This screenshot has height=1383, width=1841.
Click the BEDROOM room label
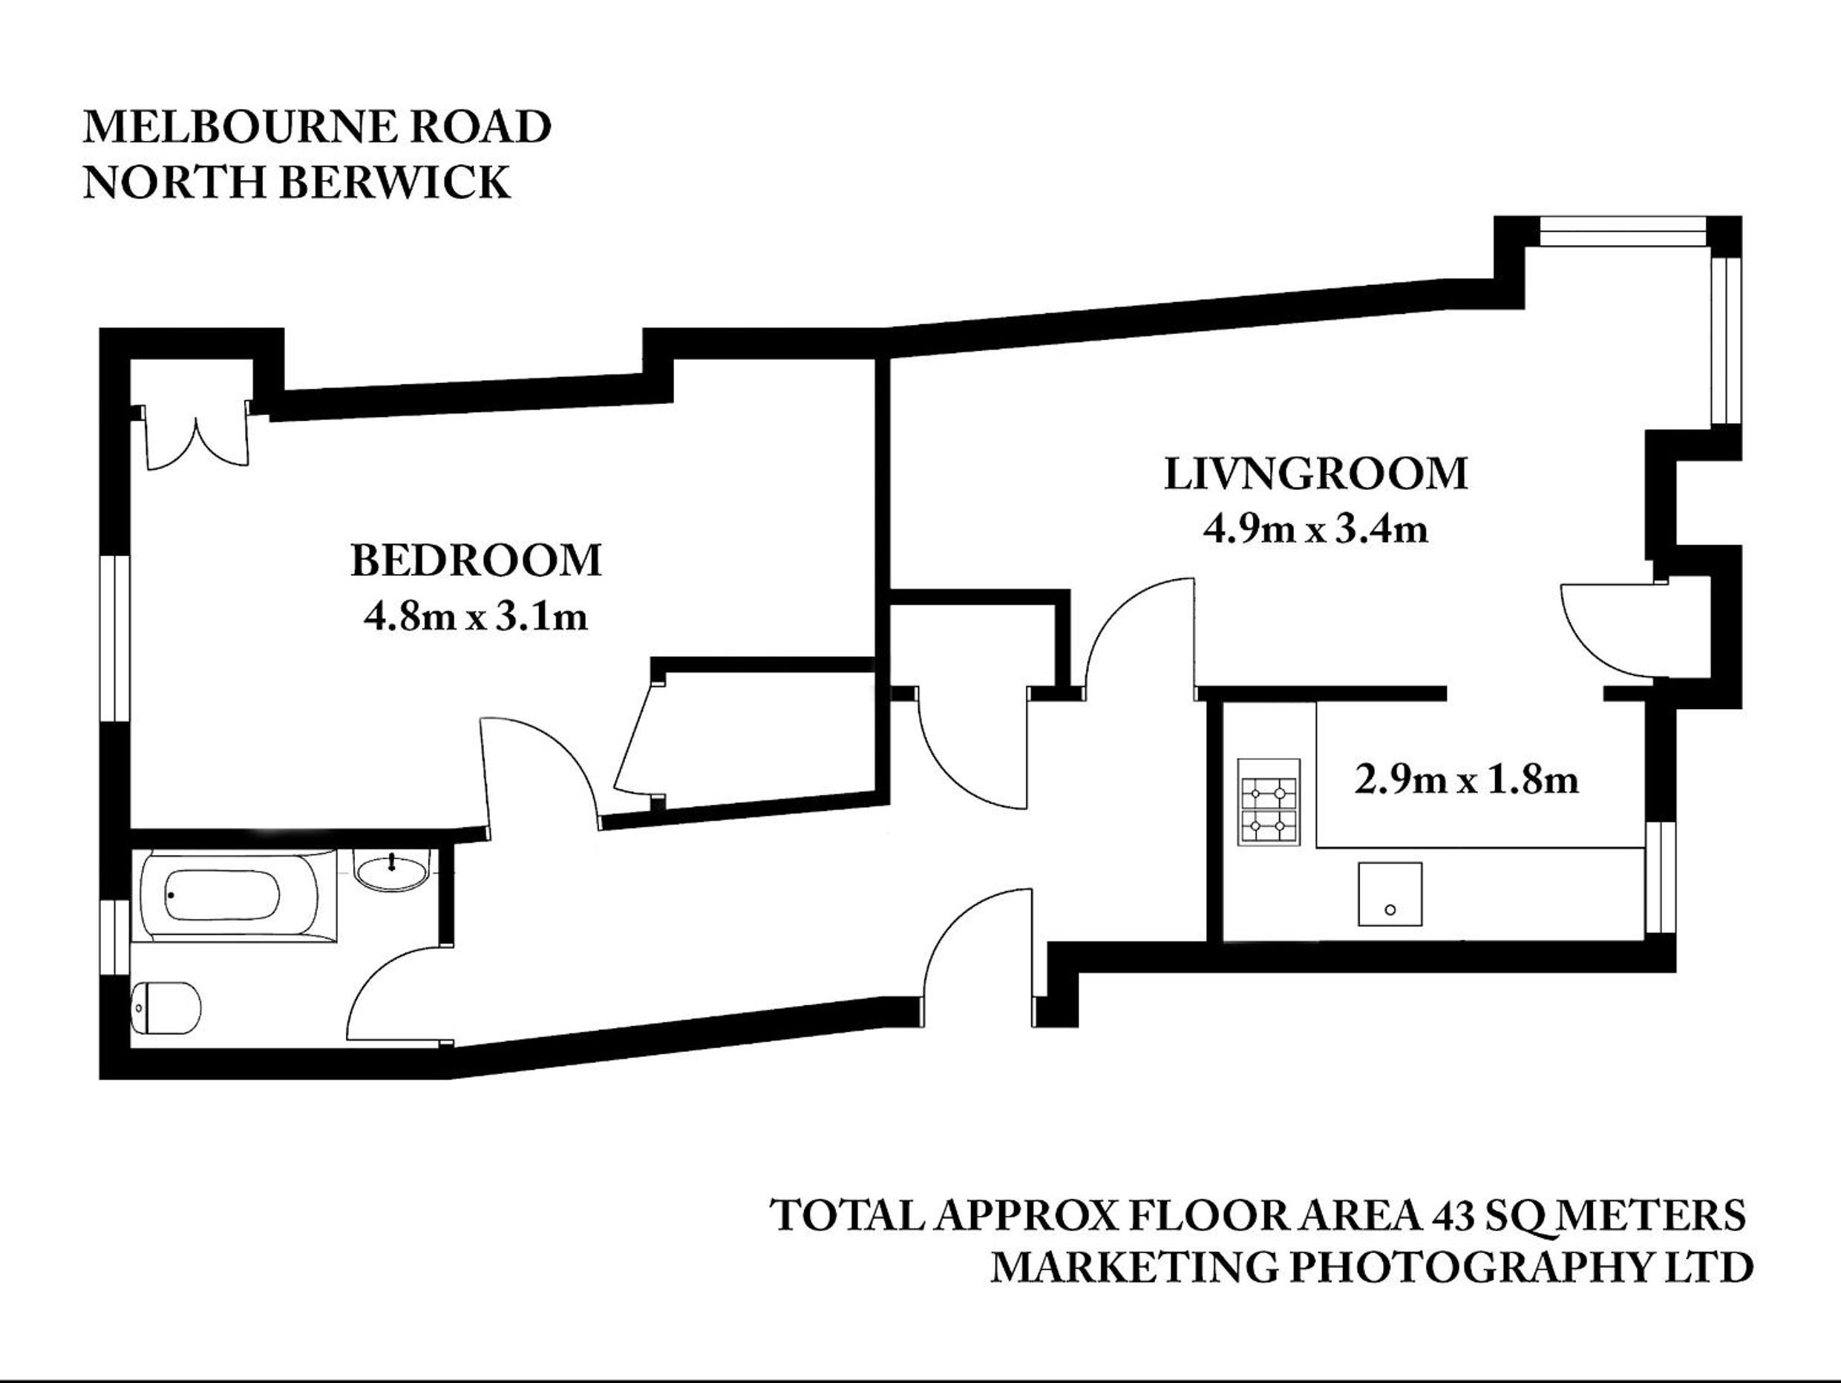coord(475,561)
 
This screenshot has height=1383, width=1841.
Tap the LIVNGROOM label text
coord(1316,474)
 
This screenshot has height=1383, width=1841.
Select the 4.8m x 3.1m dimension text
coord(476,617)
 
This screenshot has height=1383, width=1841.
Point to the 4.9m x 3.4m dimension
coord(1316,529)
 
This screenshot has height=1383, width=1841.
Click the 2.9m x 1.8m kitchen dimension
coord(1466,780)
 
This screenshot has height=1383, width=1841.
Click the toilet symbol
coord(166,1009)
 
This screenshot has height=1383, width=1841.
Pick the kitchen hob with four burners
coord(1269,802)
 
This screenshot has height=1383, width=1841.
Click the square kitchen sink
coord(1390,895)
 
